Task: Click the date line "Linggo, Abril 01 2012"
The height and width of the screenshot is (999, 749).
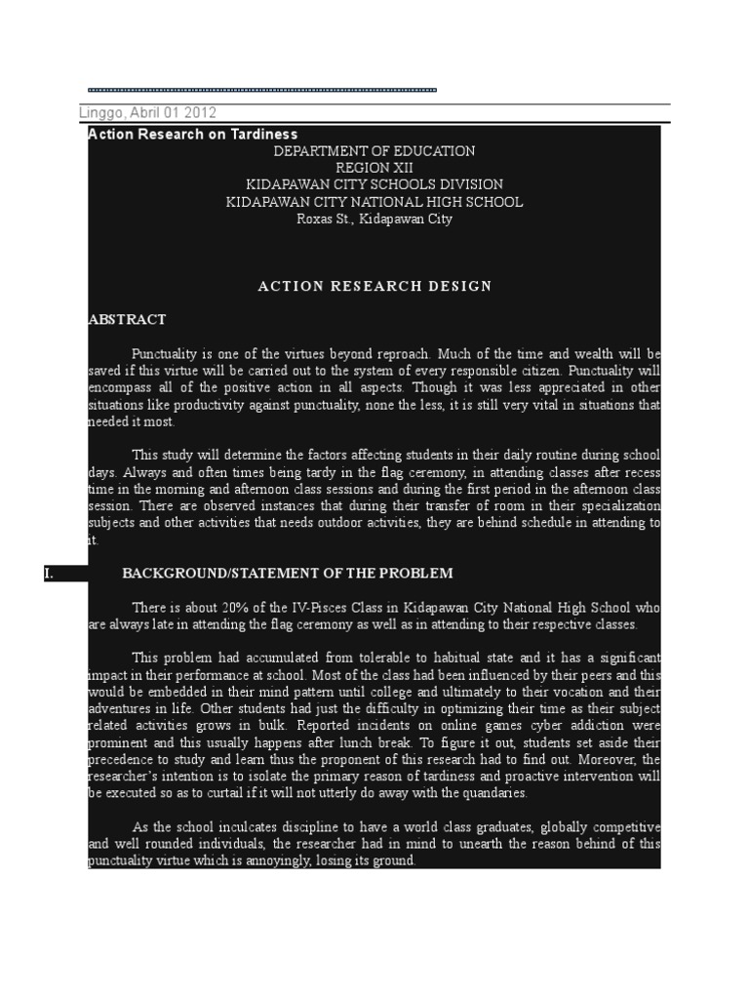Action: click(147, 113)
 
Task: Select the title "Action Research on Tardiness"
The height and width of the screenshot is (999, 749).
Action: click(193, 135)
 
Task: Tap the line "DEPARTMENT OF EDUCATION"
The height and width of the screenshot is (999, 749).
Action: click(374, 151)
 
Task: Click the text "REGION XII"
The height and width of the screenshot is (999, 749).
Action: click(374, 168)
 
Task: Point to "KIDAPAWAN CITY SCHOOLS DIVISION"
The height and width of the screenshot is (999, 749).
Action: click(374, 184)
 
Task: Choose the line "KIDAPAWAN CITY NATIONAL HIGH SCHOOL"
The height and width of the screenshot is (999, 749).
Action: click(374, 202)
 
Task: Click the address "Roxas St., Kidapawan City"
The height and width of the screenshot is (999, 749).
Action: click(374, 219)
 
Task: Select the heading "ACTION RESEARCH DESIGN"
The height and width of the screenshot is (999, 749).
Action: click(374, 286)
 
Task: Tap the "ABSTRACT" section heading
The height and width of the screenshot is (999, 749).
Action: click(127, 319)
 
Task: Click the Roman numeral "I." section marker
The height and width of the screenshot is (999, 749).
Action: click(51, 574)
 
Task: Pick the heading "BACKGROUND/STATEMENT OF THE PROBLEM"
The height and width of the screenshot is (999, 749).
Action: click(288, 574)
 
